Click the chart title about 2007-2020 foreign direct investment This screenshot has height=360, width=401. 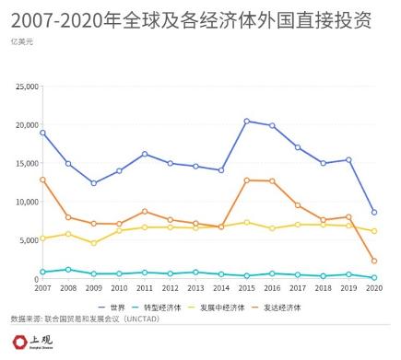click(x=189, y=19)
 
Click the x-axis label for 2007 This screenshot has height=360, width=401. click(x=42, y=288)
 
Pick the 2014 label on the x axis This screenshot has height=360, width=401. click(x=221, y=288)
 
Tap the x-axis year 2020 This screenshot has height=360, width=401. click(x=373, y=288)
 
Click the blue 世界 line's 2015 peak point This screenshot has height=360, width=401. click(x=247, y=121)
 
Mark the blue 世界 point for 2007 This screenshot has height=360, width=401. click(x=42, y=133)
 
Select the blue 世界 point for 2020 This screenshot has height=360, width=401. click(x=373, y=212)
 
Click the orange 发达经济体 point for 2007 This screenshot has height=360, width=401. click(x=42, y=180)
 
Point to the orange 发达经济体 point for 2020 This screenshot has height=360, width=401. click(x=373, y=261)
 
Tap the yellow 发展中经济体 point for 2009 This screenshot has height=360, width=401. click(x=93, y=243)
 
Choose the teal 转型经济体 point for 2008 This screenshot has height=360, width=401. click(x=68, y=270)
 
